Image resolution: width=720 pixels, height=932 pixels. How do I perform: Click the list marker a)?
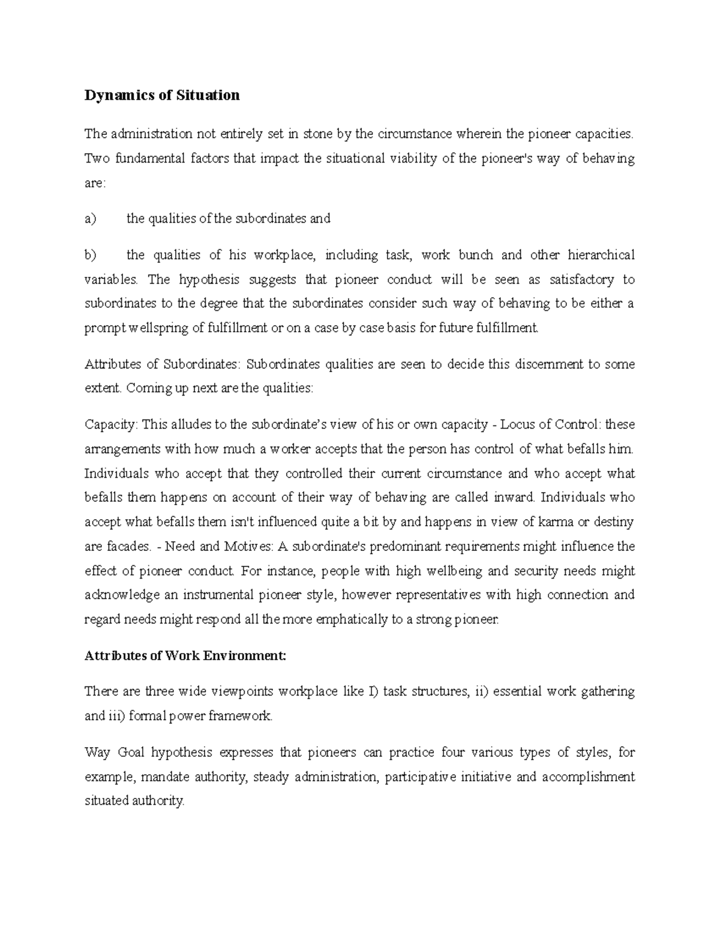(x=90, y=219)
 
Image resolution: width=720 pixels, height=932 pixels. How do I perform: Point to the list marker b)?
(x=90, y=255)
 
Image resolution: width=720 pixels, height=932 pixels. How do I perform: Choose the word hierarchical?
(x=596, y=255)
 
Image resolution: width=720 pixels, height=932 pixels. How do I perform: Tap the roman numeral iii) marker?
(x=118, y=716)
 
